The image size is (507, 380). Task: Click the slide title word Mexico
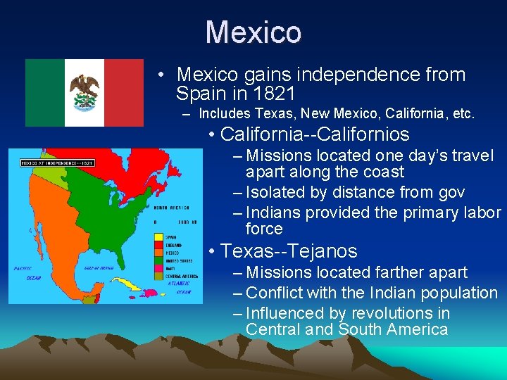254,32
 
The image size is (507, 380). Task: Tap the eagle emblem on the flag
84,92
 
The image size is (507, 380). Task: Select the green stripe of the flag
45,92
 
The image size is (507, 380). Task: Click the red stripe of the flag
124,92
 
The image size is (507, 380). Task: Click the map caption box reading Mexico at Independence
57,163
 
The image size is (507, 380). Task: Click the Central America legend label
180,277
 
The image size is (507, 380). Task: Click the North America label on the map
173,208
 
